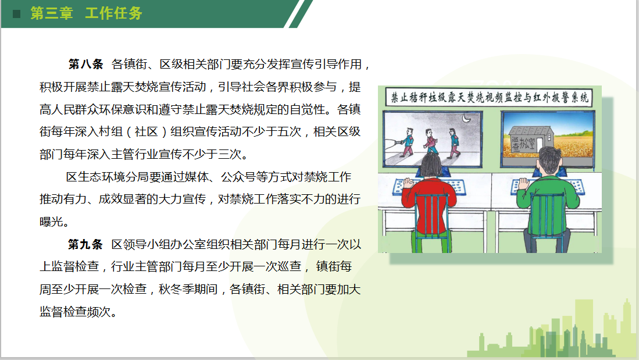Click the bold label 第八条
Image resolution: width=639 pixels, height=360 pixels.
pos(86,64)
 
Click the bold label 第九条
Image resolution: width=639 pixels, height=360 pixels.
pos(85,244)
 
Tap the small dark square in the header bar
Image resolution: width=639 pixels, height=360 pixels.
pos(16,14)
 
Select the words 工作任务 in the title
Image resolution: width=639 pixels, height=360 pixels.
pos(114,13)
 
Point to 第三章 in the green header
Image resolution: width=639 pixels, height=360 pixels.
pos(52,13)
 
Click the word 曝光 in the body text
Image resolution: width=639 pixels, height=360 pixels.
pos(51,222)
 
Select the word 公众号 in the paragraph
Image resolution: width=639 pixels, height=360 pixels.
pos(238,177)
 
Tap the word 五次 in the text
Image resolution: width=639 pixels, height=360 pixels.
pos(289,131)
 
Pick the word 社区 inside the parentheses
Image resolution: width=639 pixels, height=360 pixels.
pos(147,131)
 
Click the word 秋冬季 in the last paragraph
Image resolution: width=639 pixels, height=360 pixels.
pos(176,289)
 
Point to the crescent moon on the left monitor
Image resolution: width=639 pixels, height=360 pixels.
pos(466,118)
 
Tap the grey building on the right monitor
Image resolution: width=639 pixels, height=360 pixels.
pos(529,141)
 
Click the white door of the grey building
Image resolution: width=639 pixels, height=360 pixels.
pos(540,145)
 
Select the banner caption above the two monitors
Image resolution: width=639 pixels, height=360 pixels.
pos(489,98)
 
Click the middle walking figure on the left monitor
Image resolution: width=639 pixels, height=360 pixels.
pos(430,141)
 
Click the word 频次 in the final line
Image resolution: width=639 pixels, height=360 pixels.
pos(99,312)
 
